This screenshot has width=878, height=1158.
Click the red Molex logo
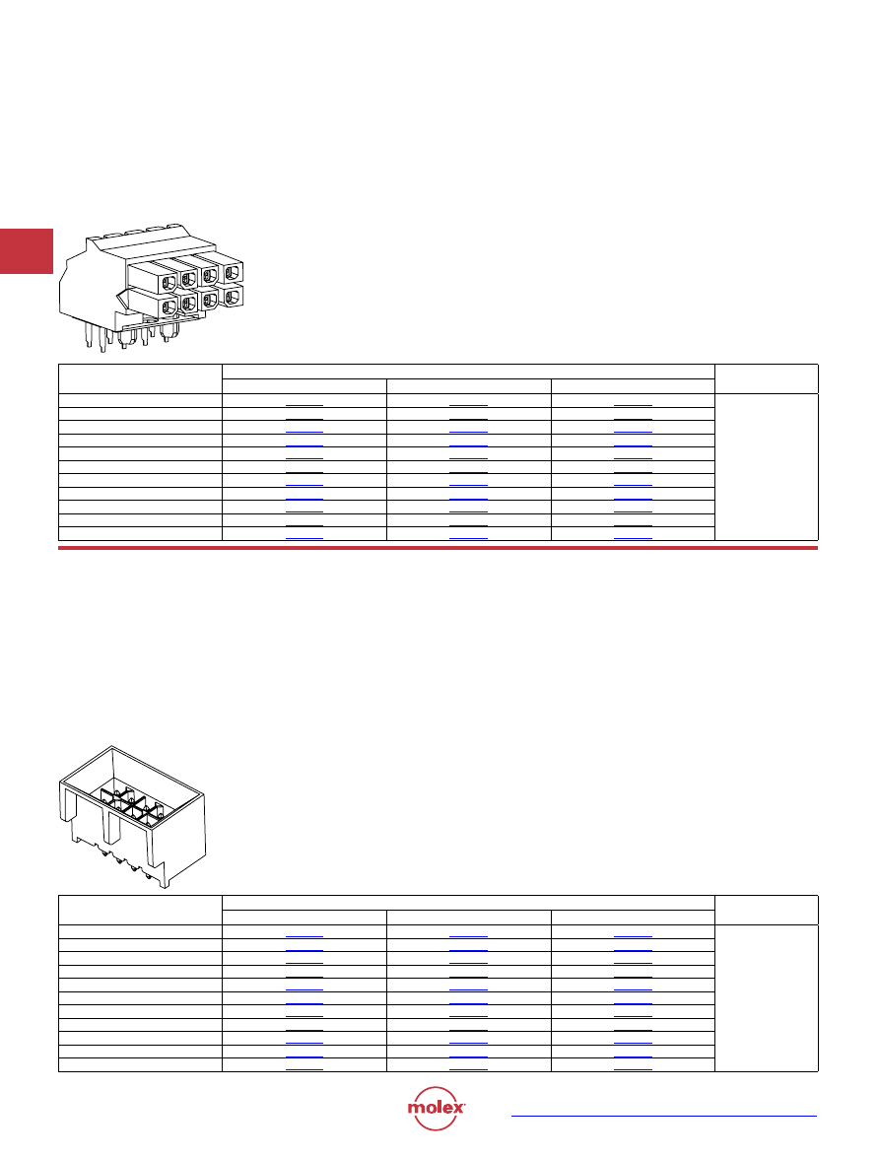click(436, 1108)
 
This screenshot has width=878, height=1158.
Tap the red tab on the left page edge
click(27, 251)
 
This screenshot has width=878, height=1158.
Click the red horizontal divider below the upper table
click(438, 548)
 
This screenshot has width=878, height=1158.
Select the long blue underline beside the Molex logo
click(664, 1116)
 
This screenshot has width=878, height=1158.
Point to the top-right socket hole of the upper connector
click(232, 273)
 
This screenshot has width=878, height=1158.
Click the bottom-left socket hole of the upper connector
click(169, 307)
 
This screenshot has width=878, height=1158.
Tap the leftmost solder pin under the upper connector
click(88, 337)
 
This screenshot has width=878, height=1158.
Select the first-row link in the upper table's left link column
click(304, 405)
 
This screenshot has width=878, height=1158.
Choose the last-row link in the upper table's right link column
click(633, 538)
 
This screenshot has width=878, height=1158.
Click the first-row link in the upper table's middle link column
click(468, 405)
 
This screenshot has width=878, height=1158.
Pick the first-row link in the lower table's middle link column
click(468, 936)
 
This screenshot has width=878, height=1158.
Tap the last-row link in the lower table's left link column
click(304, 1069)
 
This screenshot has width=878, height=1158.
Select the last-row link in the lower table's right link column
click(633, 1069)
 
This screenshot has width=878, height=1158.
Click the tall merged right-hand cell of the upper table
click(767, 467)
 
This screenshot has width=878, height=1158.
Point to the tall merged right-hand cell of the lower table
click(767, 997)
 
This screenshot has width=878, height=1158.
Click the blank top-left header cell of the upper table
click(140, 378)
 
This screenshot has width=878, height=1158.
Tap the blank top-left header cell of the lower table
click(140, 910)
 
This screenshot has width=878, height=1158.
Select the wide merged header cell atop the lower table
click(468, 903)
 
